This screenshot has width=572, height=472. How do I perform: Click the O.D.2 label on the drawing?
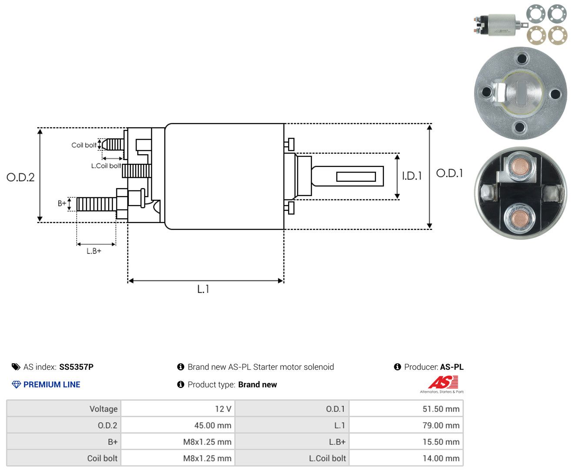[20, 177]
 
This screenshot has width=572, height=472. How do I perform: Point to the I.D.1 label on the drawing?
[412, 176]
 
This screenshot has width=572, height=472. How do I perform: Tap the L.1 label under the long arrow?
[203, 289]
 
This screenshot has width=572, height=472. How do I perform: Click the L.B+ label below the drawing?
[94, 251]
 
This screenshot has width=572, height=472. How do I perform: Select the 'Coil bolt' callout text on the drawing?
[84, 145]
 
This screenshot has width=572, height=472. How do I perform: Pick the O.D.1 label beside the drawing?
[449, 173]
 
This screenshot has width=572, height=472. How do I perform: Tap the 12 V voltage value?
[223, 409]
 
